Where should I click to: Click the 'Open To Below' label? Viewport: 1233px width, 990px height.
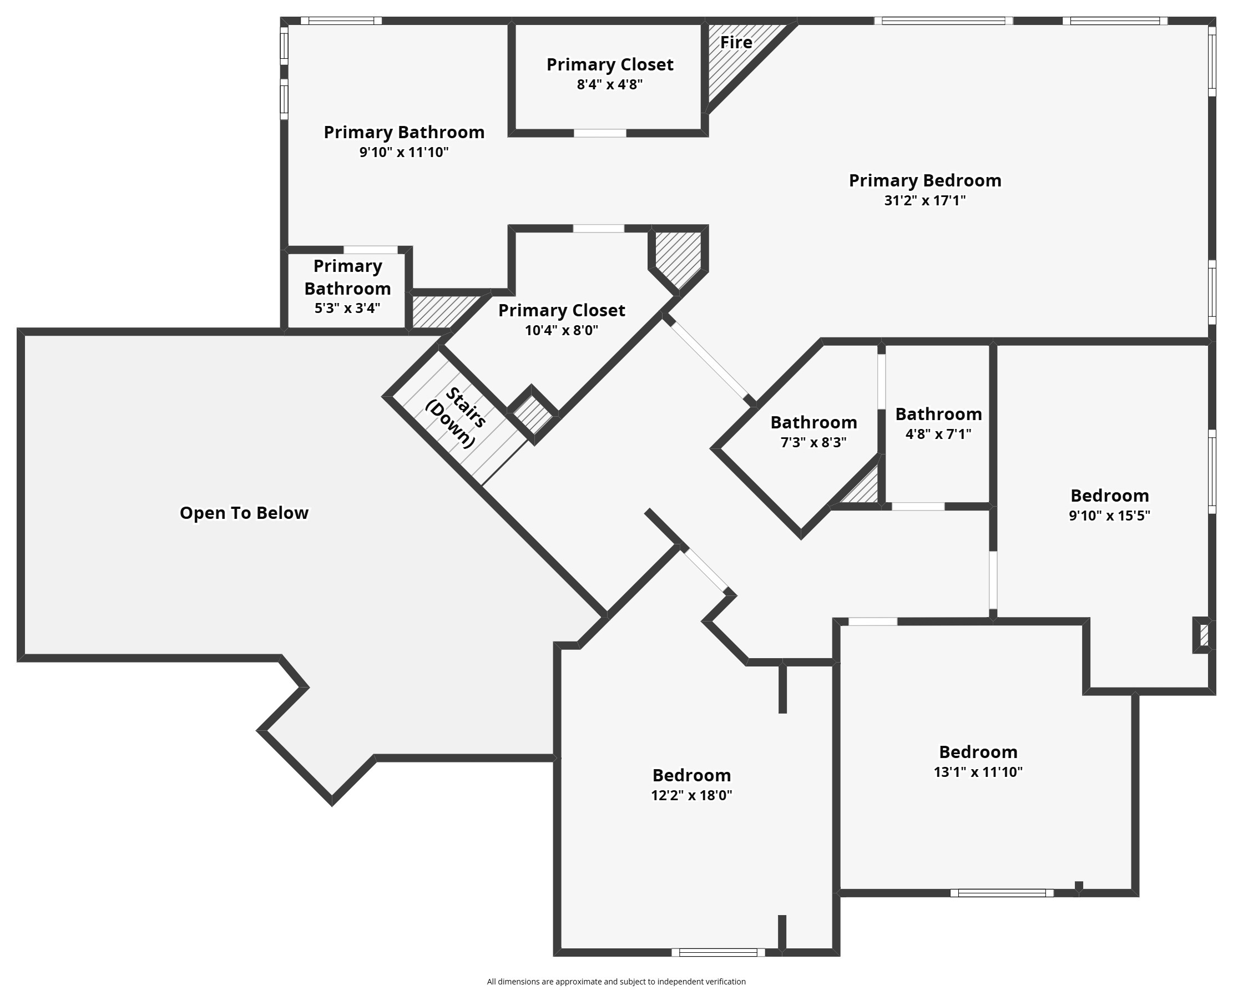click(244, 513)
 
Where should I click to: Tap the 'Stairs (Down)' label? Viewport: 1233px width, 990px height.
click(456, 418)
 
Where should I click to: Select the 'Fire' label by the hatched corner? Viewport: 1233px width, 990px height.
click(735, 42)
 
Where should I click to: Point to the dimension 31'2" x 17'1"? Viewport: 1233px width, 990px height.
click(924, 200)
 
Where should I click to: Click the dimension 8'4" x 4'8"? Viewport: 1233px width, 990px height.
click(610, 85)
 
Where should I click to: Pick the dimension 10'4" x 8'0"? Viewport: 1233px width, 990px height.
click(562, 330)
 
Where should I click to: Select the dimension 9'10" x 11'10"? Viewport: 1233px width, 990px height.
click(404, 152)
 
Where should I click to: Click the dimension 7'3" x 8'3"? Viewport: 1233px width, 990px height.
click(813, 442)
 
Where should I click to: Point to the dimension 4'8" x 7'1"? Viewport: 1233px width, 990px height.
click(938, 434)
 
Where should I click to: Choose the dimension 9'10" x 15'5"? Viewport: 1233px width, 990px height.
click(1109, 516)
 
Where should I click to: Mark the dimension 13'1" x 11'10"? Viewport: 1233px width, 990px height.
click(978, 772)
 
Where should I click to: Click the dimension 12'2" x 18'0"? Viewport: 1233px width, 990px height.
click(691, 796)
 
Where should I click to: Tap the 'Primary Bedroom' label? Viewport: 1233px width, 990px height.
click(924, 181)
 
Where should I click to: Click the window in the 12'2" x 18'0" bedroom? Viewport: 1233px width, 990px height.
click(718, 952)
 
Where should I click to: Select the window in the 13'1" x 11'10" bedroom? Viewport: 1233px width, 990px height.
click(1002, 893)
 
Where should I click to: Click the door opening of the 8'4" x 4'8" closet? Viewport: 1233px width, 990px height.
click(600, 133)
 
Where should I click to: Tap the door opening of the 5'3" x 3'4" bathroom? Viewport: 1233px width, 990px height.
click(370, 250)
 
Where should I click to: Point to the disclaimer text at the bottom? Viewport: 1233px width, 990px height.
click(616, 982)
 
